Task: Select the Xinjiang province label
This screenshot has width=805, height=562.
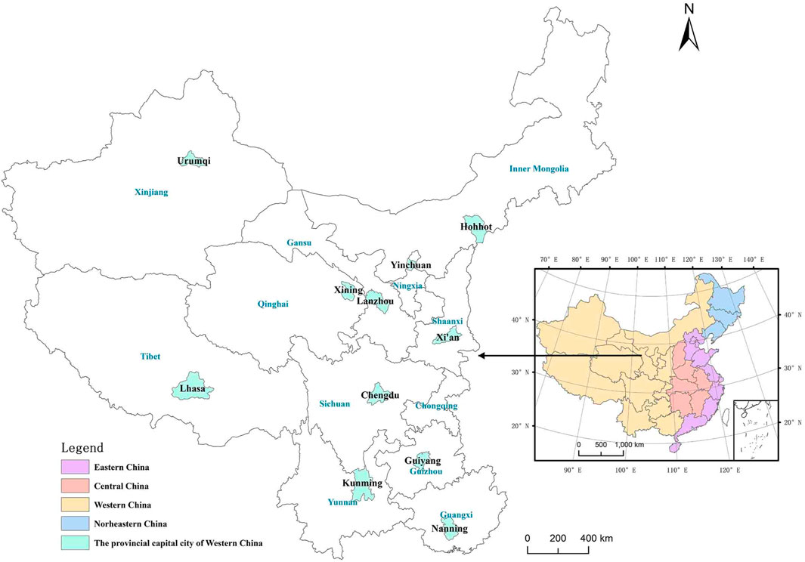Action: click(151, 193)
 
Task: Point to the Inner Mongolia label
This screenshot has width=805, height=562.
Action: click(538, 169)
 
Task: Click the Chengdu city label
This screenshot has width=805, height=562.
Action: click(380, 394)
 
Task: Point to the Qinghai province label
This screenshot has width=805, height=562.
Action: click(273, 305)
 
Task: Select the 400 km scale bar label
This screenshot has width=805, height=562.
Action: click(596, 539)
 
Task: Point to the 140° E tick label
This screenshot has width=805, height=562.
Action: click(750, 260)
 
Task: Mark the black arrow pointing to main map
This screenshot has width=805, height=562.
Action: click(559, 356)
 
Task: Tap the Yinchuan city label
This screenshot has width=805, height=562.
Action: click(411, 266)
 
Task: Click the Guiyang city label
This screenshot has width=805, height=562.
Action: click(423, 460)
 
